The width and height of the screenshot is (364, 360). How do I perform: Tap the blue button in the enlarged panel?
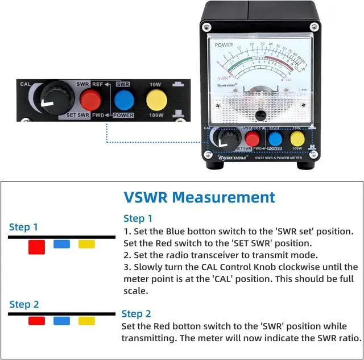tap(123, 100)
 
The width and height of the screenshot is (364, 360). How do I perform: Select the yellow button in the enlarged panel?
tap(156, 100)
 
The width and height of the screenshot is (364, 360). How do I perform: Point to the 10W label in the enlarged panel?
tap(155, 84)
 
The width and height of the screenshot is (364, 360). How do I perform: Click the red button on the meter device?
tap(252, 139)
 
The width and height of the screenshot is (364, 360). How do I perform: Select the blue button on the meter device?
tap(275, 139)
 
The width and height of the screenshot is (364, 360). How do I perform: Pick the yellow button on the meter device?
tap(297, 139)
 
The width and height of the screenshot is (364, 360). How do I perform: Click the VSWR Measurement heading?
tap(199, 197)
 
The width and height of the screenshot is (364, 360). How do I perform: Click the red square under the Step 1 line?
tap(37, 247)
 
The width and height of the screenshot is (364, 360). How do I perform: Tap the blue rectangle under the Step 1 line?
tap(61, 244)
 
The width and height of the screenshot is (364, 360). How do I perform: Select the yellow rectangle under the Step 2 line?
tap(86, 321)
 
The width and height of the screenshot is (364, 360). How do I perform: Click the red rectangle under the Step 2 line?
tap(36, 321)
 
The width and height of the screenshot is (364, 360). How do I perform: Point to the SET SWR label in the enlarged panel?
tap(78, 115)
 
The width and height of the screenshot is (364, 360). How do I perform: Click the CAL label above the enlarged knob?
tap(25, 84)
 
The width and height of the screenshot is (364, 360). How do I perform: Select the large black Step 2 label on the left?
tap(24, 305)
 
